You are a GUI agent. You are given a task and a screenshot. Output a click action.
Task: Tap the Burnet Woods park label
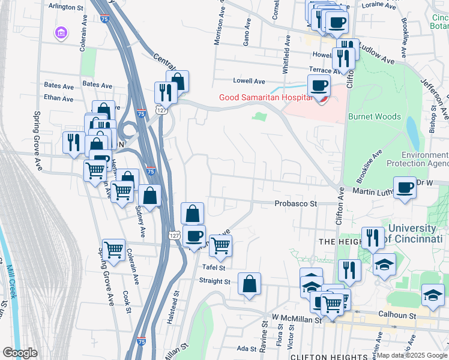[x=374, y=117]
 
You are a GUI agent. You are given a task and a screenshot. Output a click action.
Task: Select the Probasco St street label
[x=295, y=204]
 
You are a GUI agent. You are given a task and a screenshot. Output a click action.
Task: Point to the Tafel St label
[x=212, y=268]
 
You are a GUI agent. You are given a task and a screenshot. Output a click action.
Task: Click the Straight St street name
[x=214, y=281]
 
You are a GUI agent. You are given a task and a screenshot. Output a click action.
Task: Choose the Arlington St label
[x=66, y=8]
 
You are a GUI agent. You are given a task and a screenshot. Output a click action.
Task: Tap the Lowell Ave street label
[x=249, y=81]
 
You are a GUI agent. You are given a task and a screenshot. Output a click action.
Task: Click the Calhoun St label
[x=397, y=314]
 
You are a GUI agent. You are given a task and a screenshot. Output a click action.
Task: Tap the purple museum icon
[x=61, y=32]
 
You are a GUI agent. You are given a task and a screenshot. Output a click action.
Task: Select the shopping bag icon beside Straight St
[x=249, y=284]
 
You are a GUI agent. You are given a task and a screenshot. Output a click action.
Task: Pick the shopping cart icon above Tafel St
[x=220, y=245]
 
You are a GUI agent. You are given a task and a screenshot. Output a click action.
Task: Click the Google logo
[x=20, y=353]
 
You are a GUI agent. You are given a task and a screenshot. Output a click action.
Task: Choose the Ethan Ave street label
[x=58, y=98]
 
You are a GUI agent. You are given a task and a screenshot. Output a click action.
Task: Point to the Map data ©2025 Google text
[x=412, y=355]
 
